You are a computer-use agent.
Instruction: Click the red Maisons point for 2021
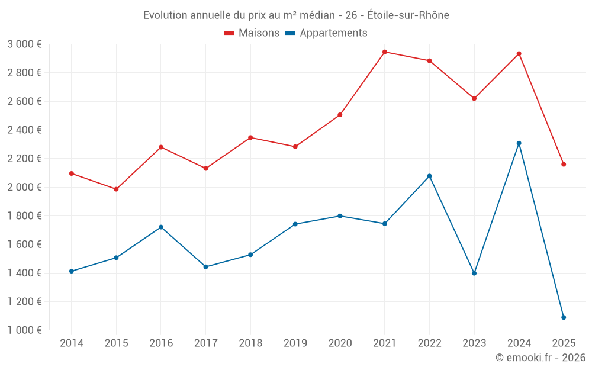(x=385, y=52)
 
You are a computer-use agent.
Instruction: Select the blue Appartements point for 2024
(x=519, y=143)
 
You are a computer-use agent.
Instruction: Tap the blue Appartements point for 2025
(x=564, y=317)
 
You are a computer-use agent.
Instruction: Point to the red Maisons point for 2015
(x=116, y=189)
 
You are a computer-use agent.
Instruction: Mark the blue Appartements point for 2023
(x=474, y=274)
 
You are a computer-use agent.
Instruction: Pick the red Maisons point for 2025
(x=564, y=165)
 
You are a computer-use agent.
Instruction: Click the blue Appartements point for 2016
(x=161, y=227)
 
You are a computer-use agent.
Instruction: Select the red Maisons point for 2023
(x=474, y=98)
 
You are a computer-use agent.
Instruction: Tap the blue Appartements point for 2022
(x=430, y=176)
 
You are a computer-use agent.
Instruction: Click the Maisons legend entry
(x=252, y=33)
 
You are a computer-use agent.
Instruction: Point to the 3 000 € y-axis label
(x=24, y=44)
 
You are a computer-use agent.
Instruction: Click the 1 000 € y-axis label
(x=24, y=330)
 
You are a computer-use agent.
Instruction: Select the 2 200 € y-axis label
(x=24, y=159)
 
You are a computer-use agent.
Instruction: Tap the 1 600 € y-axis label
(x=24, y=244)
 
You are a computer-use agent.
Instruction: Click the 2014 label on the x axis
(x=72, y=343)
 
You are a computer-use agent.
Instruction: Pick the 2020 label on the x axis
(x=340, y=343)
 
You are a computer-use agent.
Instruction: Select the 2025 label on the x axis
(x=564, y=343)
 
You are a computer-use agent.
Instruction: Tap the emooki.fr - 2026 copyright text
(x=540, y=358)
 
